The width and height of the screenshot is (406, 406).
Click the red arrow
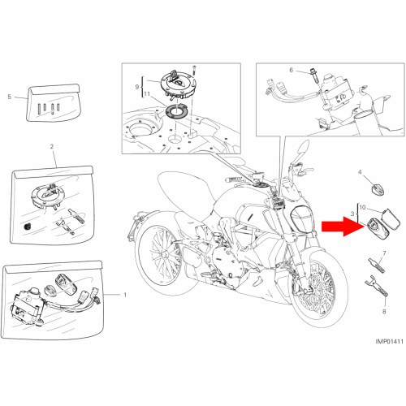click(x=343, y=227)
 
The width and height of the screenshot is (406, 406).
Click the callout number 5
click(x=10, y=97)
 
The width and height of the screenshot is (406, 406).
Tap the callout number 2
click(x=52, y=147)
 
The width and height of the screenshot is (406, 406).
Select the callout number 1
click(x=125, y=295)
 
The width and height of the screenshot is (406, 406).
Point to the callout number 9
click(x=137, y=87)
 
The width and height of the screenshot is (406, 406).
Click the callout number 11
click(x=147, y=94)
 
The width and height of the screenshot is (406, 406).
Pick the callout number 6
click(x=292, y=70)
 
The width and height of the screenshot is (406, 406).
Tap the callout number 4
click(x=360, y=172)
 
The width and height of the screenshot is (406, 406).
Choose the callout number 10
click(x=362, y=207)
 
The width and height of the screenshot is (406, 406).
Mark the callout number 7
click(x=384, y=253)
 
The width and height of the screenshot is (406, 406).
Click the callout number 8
click(x=384, y=312)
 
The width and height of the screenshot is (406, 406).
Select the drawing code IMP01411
click(x=390, y=341)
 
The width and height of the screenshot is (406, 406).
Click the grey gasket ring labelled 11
click(x=175, y=111)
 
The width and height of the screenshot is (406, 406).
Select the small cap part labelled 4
click(x=378, y=188)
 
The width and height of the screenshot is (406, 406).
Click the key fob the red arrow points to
click(x=378, y=229)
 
